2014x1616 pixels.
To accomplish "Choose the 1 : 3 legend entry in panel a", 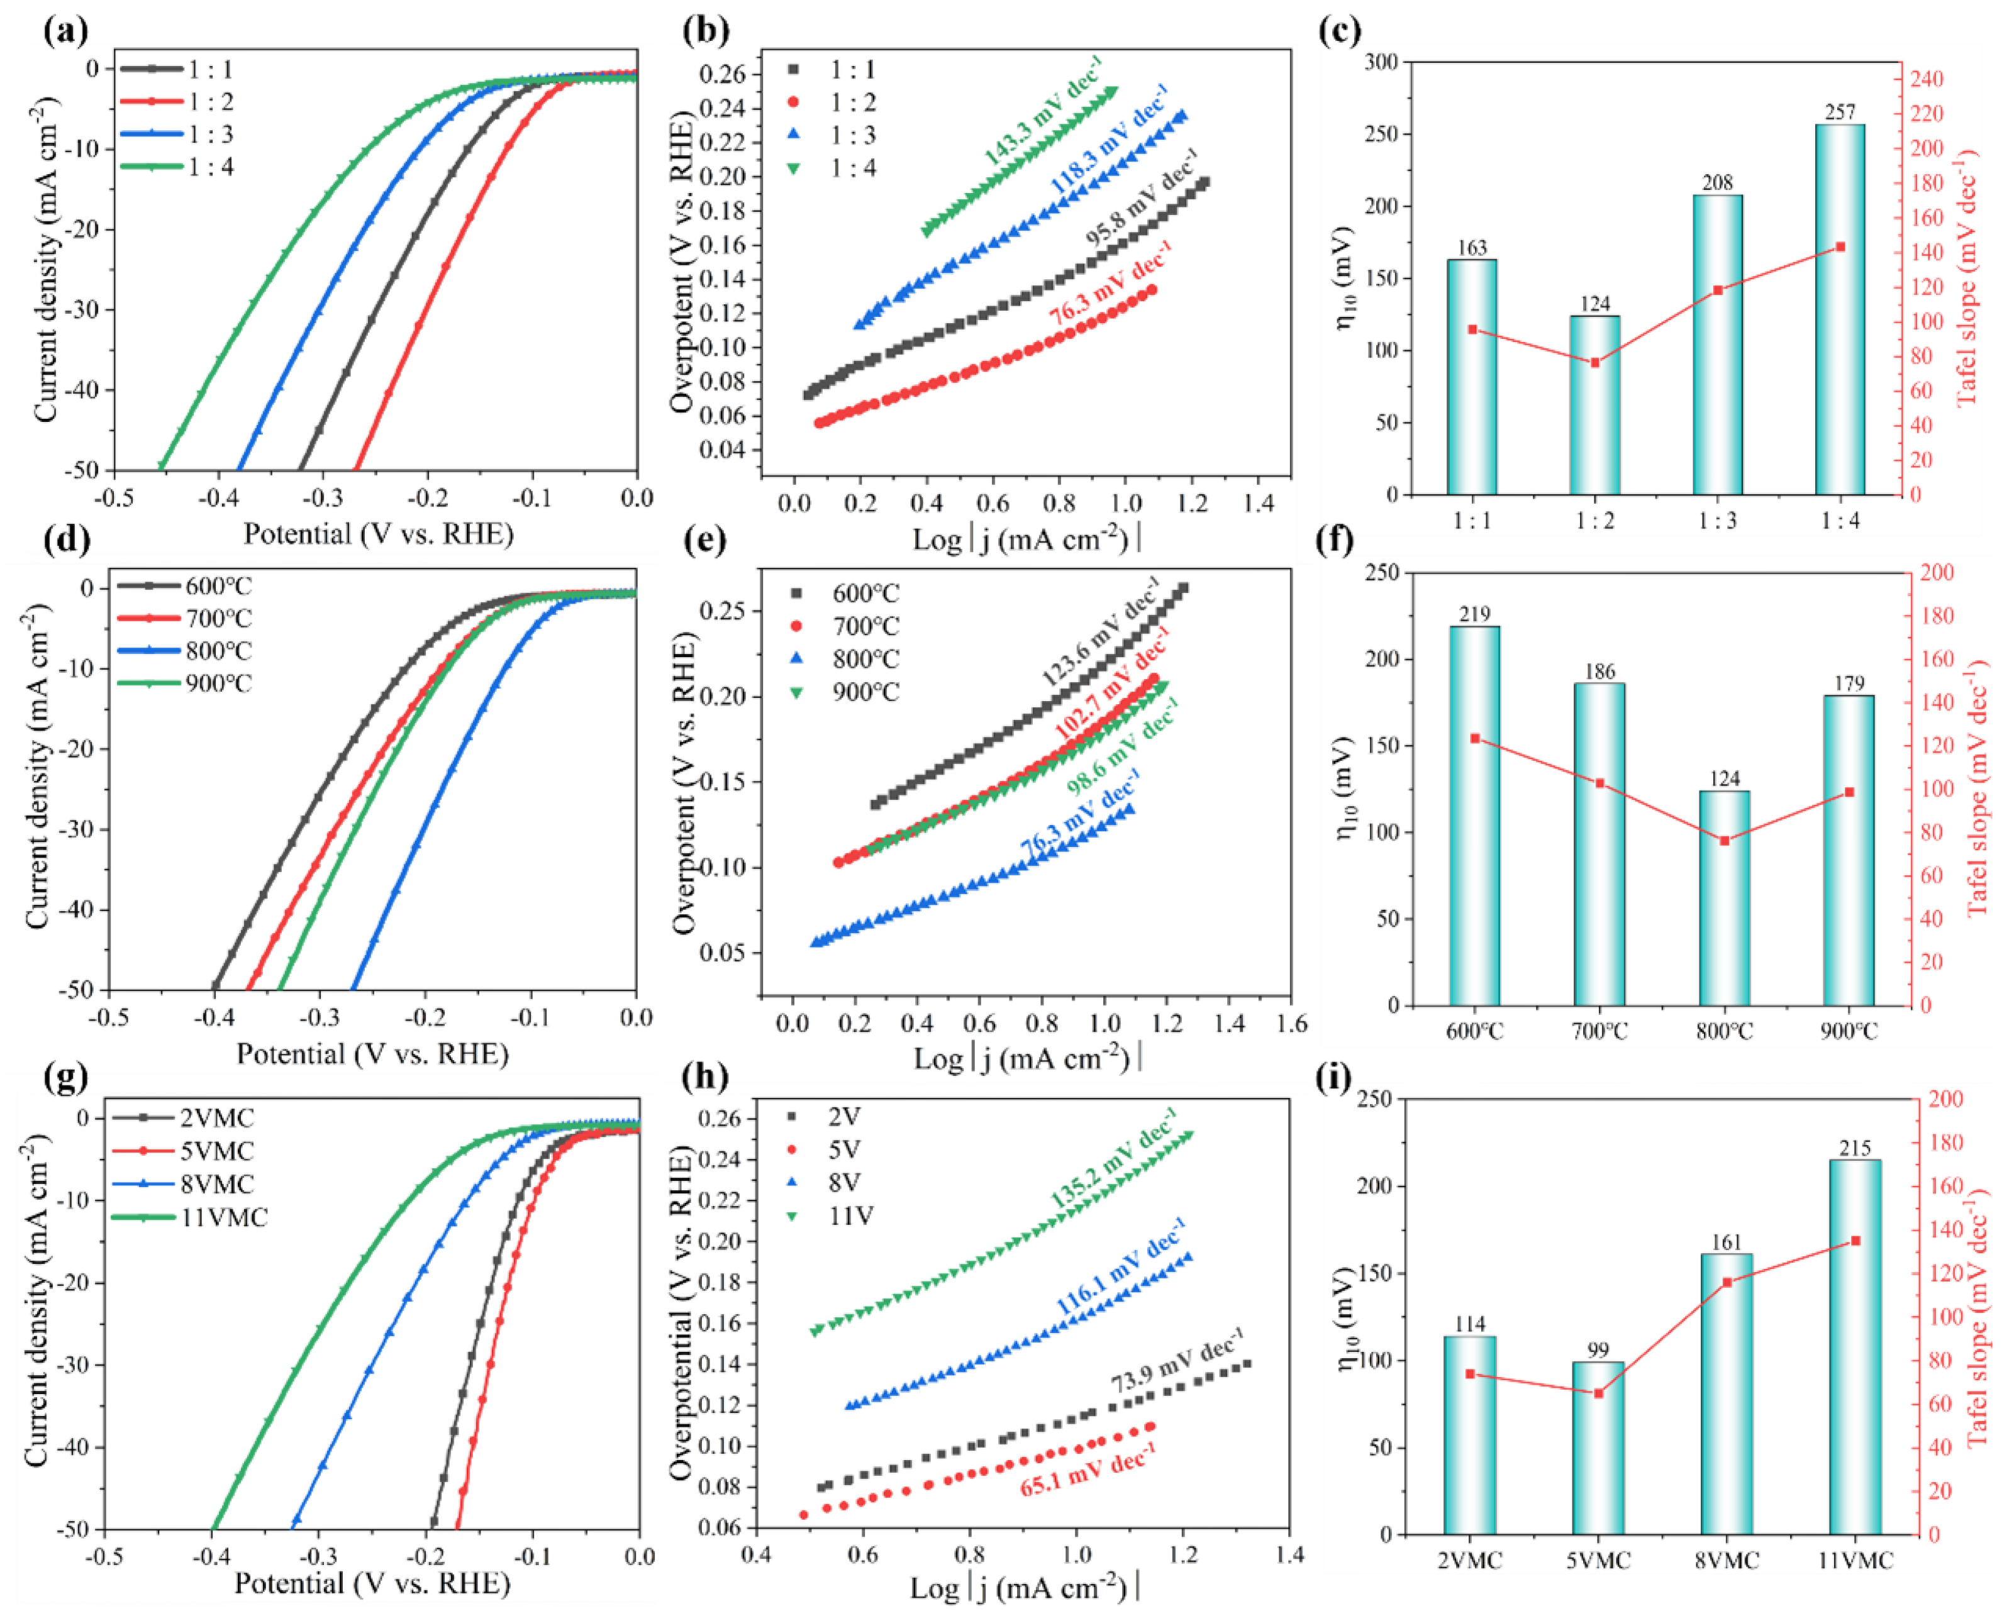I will [x=177, y=135].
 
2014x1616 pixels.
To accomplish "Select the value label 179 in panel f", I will [x=1848, y=683].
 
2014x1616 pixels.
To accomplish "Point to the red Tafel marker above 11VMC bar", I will [x=1855, y=1241].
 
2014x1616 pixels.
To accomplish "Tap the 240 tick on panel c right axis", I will [x=1924, y=79].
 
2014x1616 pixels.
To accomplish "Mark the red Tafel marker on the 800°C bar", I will [x=1725, y=841].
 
